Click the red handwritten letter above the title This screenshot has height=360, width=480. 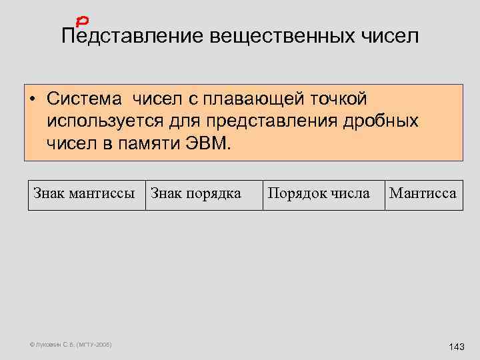coord(84,23)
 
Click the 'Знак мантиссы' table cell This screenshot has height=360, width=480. coord(86,194)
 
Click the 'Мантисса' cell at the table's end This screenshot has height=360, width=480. coord(423,194)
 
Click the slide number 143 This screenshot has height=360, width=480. coord(457,347)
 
